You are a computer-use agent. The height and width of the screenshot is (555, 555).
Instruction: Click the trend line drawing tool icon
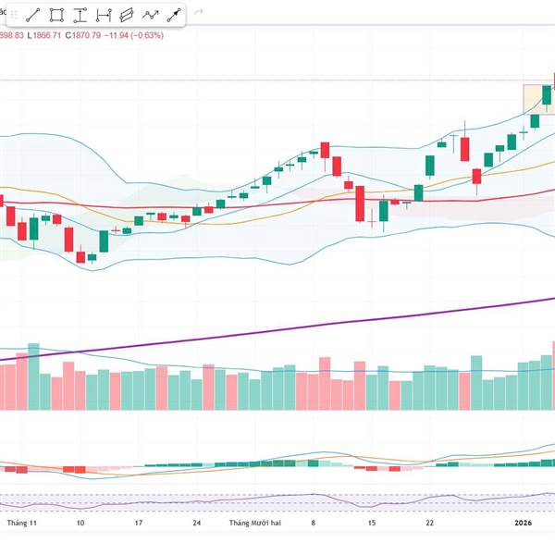33,15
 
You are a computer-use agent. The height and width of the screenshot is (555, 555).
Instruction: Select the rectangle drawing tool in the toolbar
56,15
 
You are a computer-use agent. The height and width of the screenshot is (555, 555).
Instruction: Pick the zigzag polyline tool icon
150,15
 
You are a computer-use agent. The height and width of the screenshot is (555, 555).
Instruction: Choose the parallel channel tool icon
127,15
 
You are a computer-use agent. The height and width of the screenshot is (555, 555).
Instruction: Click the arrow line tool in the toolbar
173,15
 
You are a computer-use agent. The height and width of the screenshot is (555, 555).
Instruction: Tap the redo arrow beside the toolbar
197,14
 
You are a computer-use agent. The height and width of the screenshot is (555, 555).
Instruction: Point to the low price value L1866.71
44,35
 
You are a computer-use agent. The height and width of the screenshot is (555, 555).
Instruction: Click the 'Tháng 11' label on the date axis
20,523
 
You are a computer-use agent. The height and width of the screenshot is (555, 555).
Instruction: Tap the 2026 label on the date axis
524,523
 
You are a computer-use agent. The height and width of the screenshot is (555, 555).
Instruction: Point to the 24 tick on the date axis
197,523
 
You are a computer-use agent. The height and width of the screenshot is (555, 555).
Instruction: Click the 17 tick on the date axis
139,523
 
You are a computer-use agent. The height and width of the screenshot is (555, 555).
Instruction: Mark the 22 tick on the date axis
429,523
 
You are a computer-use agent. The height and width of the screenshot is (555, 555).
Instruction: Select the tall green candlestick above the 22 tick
430,166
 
